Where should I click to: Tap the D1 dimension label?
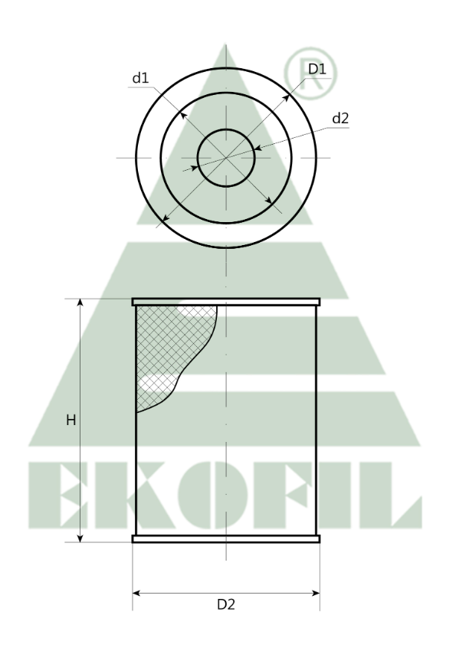point(317,69)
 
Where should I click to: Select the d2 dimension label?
point(339,119)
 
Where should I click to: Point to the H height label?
point(70,420)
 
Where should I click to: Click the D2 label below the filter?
point(225,604)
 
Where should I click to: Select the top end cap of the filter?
point(225,303)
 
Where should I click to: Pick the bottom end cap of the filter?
point(225,539)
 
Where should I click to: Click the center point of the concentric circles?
point(226,158)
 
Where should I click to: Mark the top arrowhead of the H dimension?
point(80,303)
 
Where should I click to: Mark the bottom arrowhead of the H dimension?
point(80,538)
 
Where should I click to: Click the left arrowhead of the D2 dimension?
point(138,592)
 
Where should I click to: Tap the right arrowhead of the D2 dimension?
point(314,592)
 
